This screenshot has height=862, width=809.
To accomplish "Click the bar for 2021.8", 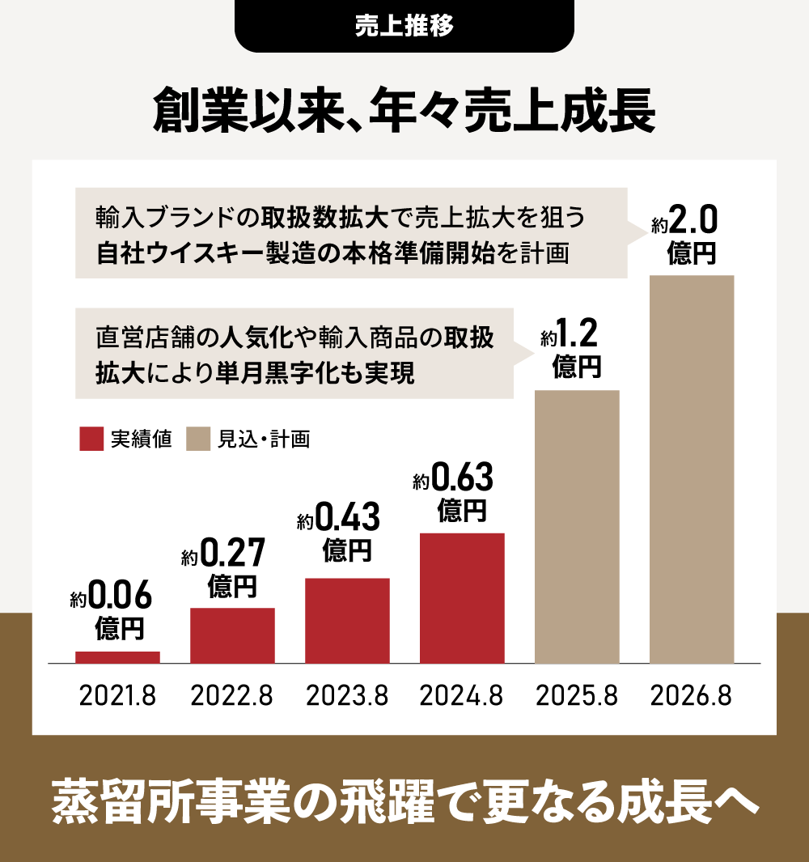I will coord(117,657).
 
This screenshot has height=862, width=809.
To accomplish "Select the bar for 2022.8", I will coord(232,635).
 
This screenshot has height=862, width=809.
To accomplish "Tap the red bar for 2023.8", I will coord(347,621).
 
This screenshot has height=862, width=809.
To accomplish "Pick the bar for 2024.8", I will coord(462,598).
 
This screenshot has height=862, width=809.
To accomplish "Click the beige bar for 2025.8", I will coord(577,527).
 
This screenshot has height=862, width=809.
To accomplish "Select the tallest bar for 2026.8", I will coord(692,469).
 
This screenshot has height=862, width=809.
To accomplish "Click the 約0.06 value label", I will coord(112,599).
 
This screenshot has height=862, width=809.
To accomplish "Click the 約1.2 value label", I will coord(569,333).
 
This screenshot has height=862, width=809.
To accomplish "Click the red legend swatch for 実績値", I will coord(91,439).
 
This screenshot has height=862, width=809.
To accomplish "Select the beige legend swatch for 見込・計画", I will coord(198,439).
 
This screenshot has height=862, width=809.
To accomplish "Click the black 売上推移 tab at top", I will coord(404,25).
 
